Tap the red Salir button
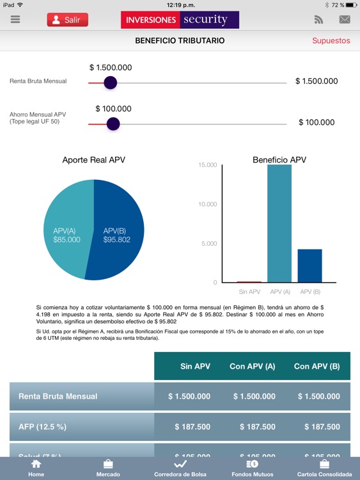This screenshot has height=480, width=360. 67,20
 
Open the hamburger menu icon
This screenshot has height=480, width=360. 15,20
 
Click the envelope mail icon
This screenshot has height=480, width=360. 345,20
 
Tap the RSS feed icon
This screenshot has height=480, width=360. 318,20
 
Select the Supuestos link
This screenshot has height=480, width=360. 331,40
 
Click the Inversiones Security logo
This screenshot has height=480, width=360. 180,20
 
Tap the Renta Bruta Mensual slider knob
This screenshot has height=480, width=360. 110,83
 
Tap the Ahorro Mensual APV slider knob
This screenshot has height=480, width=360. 113,124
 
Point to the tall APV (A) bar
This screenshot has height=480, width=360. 279,224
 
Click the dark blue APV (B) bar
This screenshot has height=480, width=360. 309,266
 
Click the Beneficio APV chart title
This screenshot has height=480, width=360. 279,160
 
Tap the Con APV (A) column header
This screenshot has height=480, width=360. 253,366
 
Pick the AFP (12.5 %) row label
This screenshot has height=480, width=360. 42,426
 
